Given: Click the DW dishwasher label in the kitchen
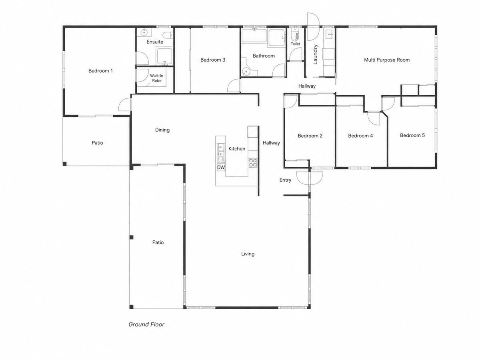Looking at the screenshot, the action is [x=221, y=168].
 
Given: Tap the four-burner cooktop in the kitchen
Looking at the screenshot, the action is [x=253, y=163].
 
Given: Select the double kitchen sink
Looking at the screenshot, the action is [x=221, y=150].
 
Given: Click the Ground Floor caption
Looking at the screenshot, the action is [x=146, y=324].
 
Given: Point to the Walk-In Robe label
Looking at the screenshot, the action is [x=156, y=78].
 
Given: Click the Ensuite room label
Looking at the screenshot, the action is [x=155, y=42].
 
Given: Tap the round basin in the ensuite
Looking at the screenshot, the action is [x=144, y=32].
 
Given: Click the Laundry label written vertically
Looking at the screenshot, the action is [x=315, y=54].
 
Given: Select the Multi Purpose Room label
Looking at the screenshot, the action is [x=387, y=60].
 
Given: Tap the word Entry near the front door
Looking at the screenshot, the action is [x=285, y=180].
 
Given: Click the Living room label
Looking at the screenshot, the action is [x=248, y=254].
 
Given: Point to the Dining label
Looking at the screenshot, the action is [x=162, y=130].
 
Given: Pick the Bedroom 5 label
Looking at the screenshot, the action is [x=412, y=135].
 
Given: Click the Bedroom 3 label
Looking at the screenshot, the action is [x=212, y=60].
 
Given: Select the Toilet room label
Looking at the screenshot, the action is [x=295, y=44].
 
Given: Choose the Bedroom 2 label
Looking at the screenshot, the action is [x=310, y=136].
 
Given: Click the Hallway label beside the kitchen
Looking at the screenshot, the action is [x=271, y=143].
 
